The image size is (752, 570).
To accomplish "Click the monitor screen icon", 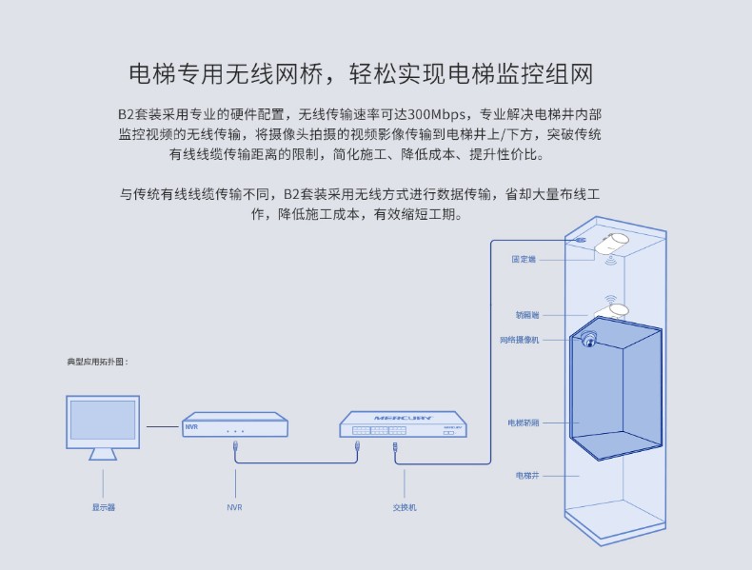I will [103, 423].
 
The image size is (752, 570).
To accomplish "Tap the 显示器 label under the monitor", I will [103, 507].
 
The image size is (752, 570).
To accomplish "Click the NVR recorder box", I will [235, 426].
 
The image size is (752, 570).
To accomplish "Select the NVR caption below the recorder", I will [234, 507].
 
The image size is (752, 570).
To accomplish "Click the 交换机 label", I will [405, 507].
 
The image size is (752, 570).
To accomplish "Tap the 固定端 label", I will [524, 259].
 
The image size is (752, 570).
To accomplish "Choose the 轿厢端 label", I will [526, 314].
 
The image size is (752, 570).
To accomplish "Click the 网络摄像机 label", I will [519, 339].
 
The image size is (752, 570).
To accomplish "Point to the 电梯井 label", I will [527, 474].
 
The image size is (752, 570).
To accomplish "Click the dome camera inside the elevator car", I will [590, 341].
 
